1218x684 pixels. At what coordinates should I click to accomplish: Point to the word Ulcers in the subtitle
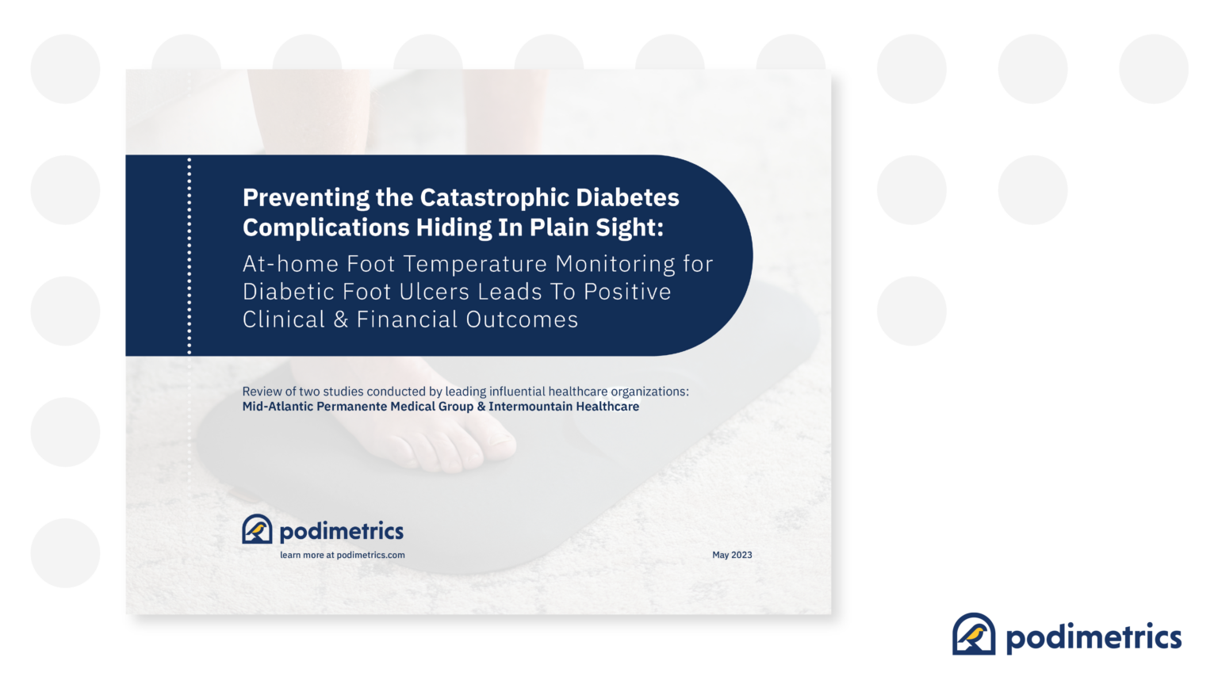pos(435,292)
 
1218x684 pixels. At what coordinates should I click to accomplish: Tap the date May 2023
pos(732,555)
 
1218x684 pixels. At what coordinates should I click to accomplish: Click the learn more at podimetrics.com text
pos(342,555)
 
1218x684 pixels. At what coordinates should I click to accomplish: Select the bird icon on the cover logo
pos(257,529)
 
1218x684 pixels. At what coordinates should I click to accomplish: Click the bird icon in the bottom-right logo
pos(974,634)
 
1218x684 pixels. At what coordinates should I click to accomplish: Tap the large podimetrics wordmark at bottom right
pos(1094,637)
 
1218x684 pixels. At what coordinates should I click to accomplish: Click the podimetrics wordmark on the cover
pos(342,531)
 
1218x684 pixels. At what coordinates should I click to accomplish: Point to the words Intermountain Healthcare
pos(564,407)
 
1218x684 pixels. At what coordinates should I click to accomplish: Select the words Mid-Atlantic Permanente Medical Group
pos(358,407)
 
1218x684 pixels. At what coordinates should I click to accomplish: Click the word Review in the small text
pos(261,392)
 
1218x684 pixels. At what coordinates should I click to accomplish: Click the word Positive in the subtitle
pos(627,292)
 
